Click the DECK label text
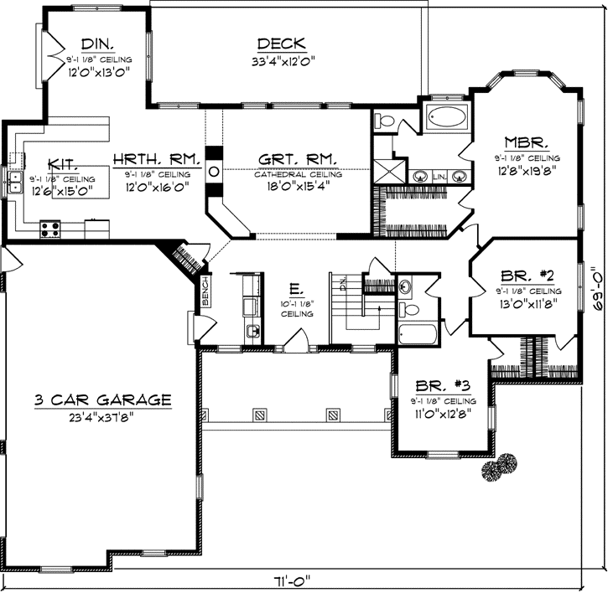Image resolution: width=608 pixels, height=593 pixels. [281, 44]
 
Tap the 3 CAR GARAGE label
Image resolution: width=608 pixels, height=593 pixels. [103, 400]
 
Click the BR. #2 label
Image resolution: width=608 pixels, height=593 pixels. [526, 276]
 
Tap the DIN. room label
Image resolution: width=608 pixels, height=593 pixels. [98, 44]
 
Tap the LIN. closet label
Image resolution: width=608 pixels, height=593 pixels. [439, 177]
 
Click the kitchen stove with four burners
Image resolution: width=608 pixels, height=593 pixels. [50, 225]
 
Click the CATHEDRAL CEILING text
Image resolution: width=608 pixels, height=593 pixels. [299, 174]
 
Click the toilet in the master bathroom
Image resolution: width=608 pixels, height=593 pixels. [386, 122]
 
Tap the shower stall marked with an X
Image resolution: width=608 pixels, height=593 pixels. [388, 173]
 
